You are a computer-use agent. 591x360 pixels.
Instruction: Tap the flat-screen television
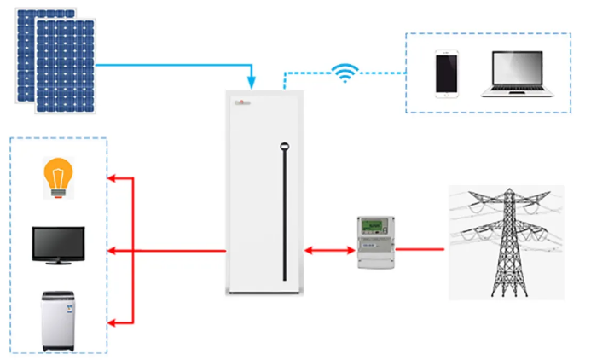pyautogui.click(x=58, y=245)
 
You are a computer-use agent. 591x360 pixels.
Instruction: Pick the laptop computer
pyautogui.click(x=517, y=74)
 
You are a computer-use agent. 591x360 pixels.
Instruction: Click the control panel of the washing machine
pyautogui.click(x=58, y=296)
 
